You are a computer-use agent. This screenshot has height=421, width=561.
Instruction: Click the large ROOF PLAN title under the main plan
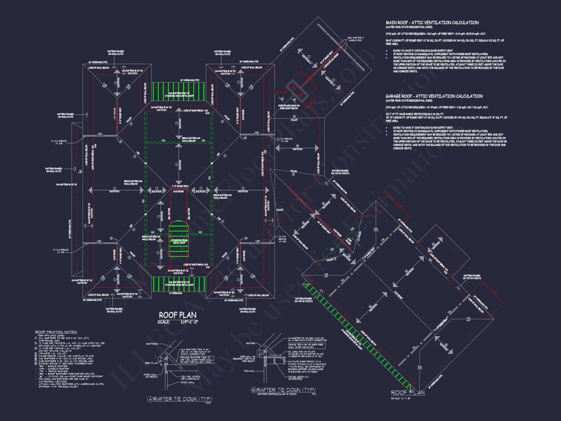point(178,315)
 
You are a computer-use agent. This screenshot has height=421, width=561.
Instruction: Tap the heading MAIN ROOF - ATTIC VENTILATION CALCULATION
point(432,23)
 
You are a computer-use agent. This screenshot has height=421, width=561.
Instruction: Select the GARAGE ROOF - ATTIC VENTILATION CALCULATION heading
point(434,96)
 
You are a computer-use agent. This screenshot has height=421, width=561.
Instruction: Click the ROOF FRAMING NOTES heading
point(56,332)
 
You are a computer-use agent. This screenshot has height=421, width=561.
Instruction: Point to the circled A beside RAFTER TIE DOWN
point(150,399)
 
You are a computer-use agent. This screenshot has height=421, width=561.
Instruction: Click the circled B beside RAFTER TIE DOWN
point(254,390)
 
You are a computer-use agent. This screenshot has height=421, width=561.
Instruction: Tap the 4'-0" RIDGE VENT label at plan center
point(180,186)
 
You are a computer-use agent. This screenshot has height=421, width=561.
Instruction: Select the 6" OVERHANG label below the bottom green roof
point(176,293)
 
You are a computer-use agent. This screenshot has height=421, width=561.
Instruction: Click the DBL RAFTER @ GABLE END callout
point(355,39)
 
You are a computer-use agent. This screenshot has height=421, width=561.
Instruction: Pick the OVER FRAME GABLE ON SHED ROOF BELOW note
point(289,107)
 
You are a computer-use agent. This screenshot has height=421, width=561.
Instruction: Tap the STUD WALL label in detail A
point(188,382)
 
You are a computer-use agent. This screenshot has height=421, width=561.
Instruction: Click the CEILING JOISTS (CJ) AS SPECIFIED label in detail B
point(298,378)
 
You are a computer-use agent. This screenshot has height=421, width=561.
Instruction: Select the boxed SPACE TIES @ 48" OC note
point(306,346)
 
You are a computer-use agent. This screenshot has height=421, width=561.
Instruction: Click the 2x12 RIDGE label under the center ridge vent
point(178,191)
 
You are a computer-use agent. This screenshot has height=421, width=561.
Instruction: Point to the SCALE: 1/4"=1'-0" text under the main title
point(178,322)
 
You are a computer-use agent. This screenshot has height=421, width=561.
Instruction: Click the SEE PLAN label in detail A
point(151,363)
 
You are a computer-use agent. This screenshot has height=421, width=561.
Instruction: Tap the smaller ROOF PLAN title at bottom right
point(408,392)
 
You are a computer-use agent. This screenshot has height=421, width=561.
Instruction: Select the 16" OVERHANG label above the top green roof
point(190,80)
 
